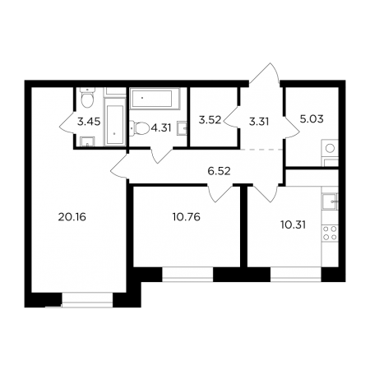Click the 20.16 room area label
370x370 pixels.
72,217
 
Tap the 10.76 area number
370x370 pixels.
187,217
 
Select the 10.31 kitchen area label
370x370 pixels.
293,225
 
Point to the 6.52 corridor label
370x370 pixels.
219,171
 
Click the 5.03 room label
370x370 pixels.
312,119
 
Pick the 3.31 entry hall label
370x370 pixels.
259,122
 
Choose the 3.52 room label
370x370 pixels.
210,120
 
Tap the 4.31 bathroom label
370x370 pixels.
161,127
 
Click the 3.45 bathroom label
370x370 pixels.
89,122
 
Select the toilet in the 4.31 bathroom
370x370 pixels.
140,128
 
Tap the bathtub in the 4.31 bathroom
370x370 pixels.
155,99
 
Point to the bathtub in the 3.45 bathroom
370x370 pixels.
115,122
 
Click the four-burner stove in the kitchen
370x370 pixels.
330,233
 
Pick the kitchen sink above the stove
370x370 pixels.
330,201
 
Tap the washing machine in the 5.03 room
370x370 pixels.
330,149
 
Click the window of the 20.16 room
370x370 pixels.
87,300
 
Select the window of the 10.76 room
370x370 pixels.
187,275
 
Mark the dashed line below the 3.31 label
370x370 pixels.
261,150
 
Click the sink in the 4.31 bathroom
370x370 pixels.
183,128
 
